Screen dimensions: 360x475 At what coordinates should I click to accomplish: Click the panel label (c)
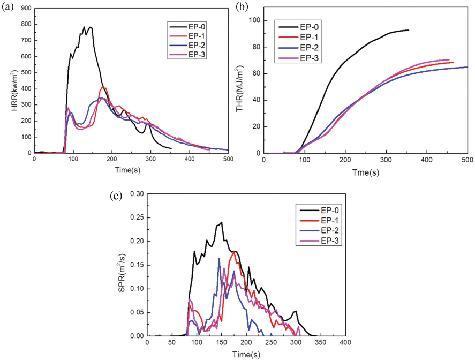pos(130,196)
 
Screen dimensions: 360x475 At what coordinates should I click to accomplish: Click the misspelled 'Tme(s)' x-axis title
pos(365,172)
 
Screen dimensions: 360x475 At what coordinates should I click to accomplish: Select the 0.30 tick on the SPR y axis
pos(137,194)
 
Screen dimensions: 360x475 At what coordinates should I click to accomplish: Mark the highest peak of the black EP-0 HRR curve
pos(84,27)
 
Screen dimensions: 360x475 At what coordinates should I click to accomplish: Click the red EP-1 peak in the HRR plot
pos(103,87)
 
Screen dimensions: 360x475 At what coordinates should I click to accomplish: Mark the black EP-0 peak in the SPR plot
pos(221,222)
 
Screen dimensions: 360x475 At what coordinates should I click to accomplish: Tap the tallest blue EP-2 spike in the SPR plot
pos(218,258)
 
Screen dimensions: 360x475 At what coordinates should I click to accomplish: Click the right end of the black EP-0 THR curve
pos(409,30)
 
